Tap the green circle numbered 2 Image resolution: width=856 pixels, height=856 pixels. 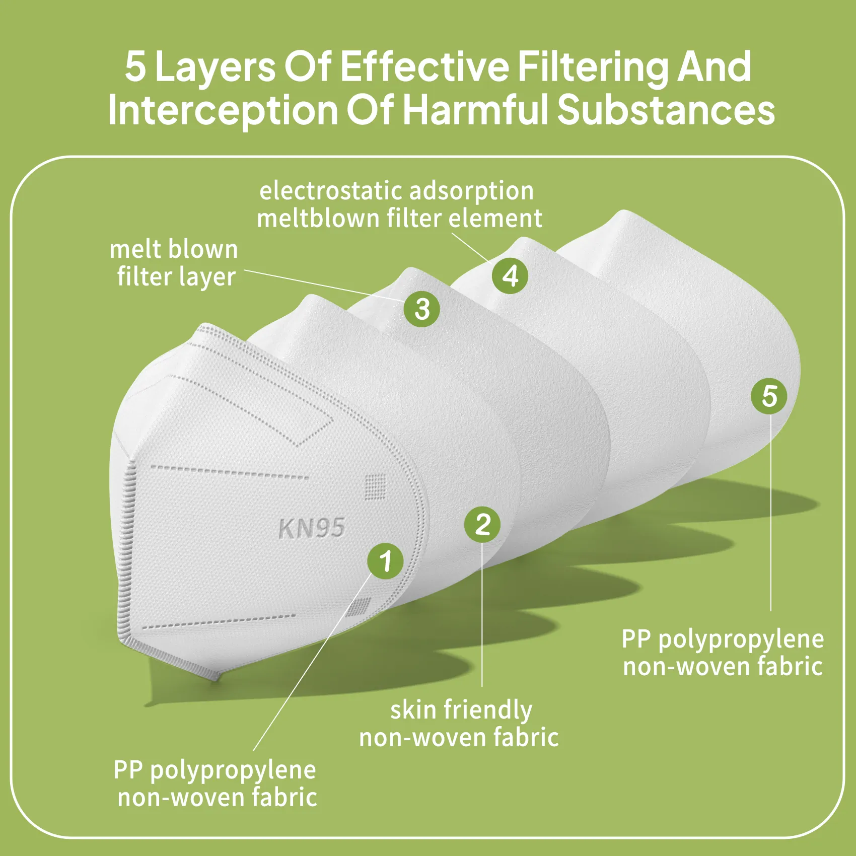(482, 524)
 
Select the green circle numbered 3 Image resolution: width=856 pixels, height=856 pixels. (422, 309)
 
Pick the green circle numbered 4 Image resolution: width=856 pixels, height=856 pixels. (510, 275)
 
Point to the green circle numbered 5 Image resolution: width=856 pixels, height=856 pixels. (769, 396)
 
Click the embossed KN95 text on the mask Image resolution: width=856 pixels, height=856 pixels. (312, 528)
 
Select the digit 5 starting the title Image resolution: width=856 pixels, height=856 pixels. (135, 66)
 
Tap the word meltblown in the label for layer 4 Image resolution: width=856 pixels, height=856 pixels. (318, 219)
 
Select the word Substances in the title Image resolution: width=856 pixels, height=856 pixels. (666, 109)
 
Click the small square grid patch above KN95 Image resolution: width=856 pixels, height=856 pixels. (375, 486)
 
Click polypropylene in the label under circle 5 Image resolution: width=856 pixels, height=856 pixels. (741, 640)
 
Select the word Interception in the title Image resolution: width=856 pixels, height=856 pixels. (223, 109)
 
